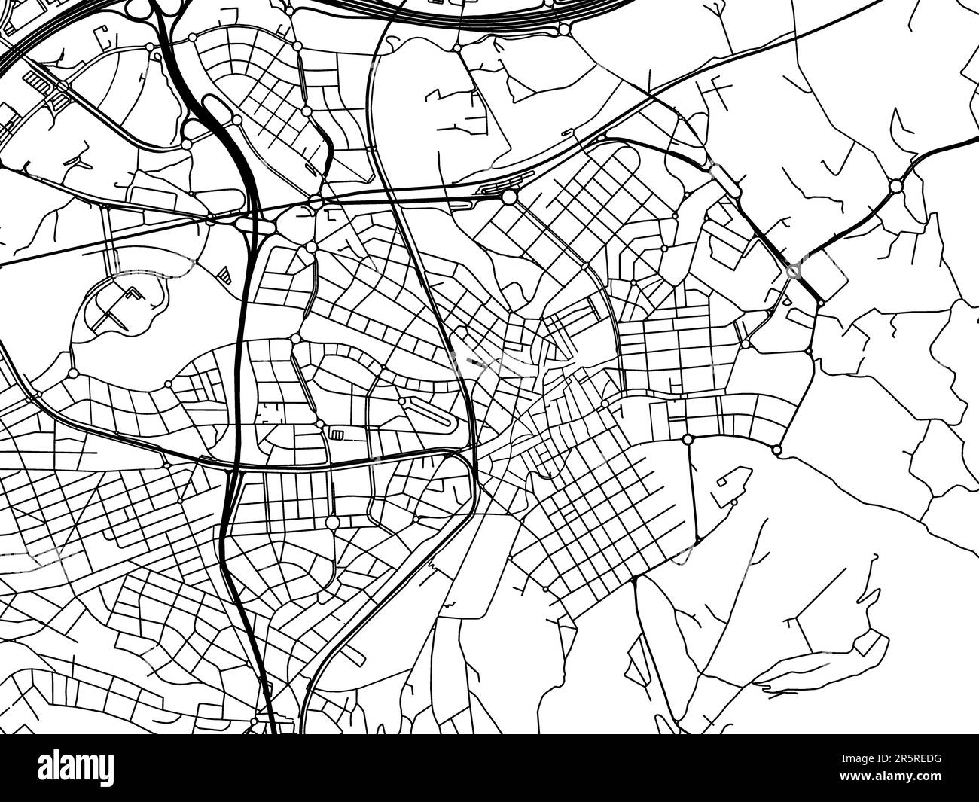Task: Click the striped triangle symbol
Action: [x=224, y=274]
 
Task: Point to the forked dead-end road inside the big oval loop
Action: [x=117, y=306]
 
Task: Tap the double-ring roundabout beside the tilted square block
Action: [x=792, y=271]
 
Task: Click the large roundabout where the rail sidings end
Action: [x=510, y=197]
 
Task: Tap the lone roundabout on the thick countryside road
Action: [x=895, y=185]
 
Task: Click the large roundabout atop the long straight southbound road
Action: [x=688, y=439]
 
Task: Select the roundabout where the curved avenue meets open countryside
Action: [x=777, y=450]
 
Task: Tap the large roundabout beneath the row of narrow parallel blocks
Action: [x=332, y=522]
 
